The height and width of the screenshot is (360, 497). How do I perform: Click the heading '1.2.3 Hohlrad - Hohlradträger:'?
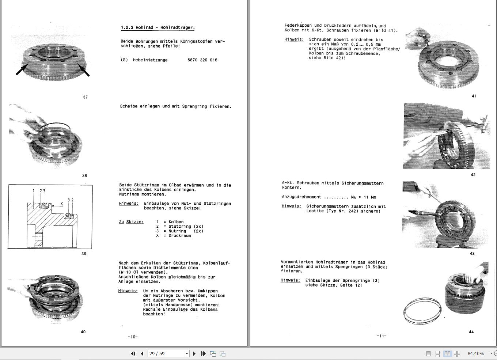pyautogui.click(x=158, y=28)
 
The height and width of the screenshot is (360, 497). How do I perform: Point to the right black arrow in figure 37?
pyautogui.click(x=83, y=69)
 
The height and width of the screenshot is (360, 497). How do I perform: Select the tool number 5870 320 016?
pyautogui.click(x=202, y=60)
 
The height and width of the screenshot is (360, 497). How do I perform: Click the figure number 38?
pyautogui.click(x=84, y=176)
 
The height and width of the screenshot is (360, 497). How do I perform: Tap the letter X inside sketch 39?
pyautogui.click(x=62, y=204)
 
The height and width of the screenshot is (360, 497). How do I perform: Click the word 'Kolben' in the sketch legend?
pyautogui.click(x=176, y=222)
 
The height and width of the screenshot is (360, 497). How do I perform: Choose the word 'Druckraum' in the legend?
pyautogui.click(x=179, y=236)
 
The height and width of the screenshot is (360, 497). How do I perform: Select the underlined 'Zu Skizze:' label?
pyautogui.click(x=131, y=222)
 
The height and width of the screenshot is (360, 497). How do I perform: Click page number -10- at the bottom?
pyautogui.click(x=133, y=337)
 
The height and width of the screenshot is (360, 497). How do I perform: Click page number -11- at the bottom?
pyautogui.click(x=381, y=336)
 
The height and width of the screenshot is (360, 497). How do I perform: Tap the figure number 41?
pyautogui.click(x=474, y=96)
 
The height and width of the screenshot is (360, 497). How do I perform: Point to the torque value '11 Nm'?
pyautogui.click(x=370, y=197)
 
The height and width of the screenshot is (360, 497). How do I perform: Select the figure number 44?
pyautogui.click(x=471, y=332)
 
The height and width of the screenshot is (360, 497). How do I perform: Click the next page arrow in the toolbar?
pyautogui.click(x=194, y=353)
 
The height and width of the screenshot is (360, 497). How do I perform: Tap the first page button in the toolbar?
pyautogui.click(x=133, y=353)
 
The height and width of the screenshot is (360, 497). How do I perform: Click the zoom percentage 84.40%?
pyautogui.click(x=475, y=353)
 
